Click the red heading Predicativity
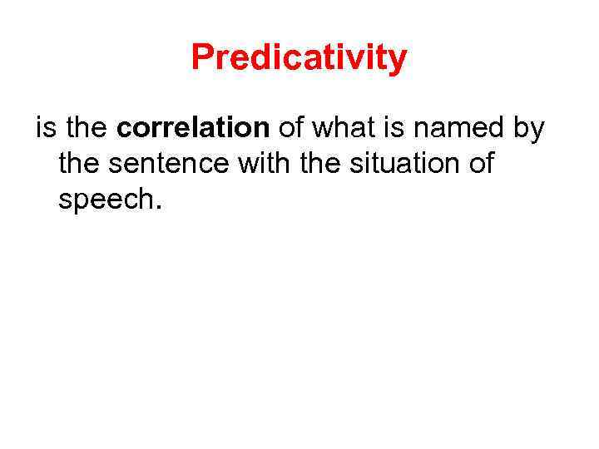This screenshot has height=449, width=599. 299,58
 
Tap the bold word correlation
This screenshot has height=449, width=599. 193,129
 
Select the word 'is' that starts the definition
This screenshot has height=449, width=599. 44,129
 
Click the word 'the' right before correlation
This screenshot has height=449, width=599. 86,129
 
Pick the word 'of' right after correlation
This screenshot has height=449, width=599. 291,129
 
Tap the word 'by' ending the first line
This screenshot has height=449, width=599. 527,130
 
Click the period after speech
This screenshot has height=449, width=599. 153,208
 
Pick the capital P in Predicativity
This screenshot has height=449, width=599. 200,58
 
